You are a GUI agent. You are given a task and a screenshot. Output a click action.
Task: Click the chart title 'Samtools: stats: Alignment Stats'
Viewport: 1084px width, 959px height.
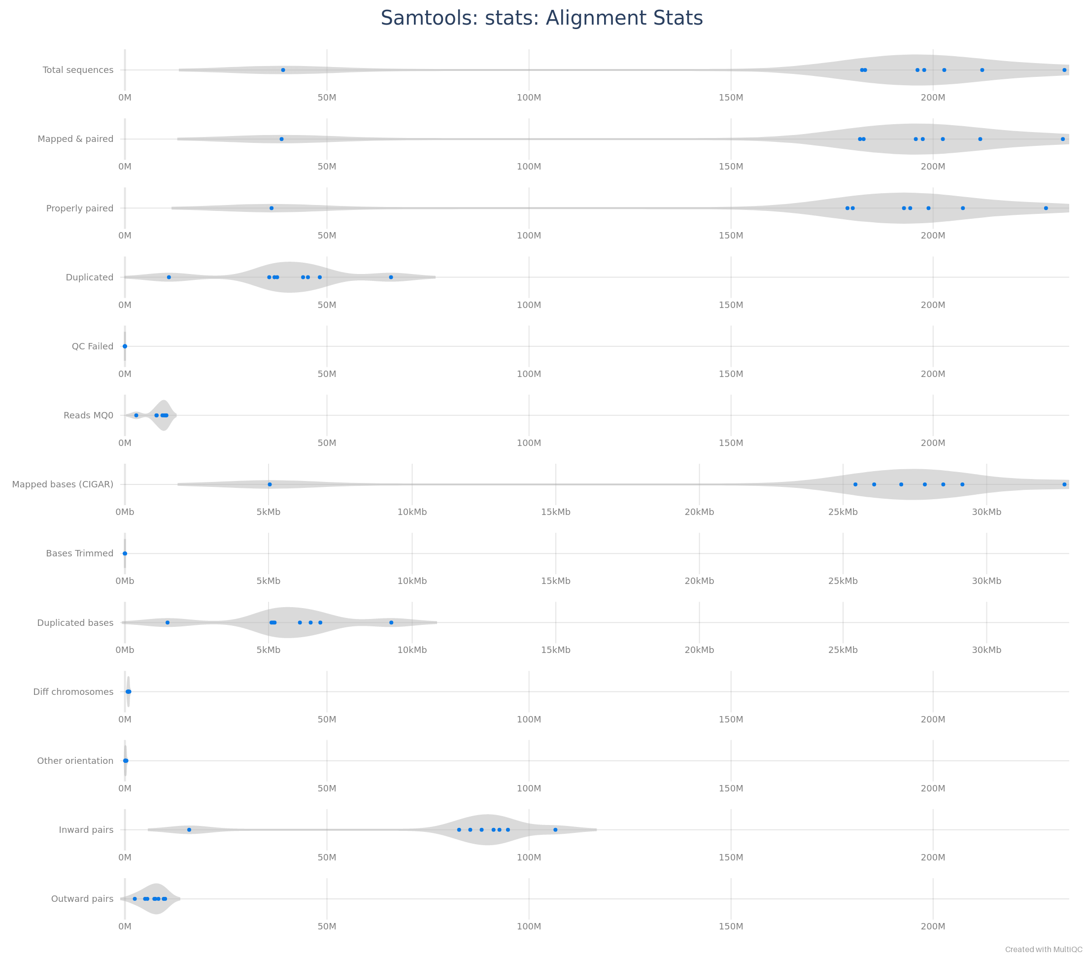tap(542, 18)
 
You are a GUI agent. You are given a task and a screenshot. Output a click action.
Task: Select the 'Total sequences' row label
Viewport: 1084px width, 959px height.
tap(78, 70)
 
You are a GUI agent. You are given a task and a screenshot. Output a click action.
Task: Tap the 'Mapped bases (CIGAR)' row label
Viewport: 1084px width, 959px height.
tap(63, 484)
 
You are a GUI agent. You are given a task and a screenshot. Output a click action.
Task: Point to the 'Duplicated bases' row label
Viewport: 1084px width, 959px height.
tap(75, 623)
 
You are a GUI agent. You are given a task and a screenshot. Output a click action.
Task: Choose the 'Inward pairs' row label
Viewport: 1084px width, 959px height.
tap(86, 829)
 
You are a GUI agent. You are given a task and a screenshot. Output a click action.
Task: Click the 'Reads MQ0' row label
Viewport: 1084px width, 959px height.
tap(89, 415)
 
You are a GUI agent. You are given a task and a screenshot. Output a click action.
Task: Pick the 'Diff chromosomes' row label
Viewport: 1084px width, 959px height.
tap(73, 692)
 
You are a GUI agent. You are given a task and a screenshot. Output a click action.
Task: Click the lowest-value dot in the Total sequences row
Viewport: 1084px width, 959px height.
tap(283, 70)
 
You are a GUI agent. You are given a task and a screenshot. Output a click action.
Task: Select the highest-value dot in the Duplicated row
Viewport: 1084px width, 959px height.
tap(391, 277)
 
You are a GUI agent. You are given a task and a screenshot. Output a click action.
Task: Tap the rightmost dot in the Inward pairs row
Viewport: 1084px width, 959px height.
tap(555, 829)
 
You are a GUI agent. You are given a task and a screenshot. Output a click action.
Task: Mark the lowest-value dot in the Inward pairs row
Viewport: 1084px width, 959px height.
tap(189, 829)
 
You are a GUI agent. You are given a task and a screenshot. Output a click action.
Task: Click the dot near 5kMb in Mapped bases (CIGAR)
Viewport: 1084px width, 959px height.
tap(270, 484)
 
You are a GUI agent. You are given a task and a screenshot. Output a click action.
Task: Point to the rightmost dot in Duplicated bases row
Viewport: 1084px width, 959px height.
tap(391, 623)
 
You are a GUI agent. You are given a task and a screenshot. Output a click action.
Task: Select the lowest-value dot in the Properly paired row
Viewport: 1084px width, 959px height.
tap(271, 208)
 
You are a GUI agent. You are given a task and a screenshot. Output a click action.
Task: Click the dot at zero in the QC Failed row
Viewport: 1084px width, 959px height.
tap(125, 346)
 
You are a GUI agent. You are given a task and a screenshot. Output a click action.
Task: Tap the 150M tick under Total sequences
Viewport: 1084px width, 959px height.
tap(731, 98)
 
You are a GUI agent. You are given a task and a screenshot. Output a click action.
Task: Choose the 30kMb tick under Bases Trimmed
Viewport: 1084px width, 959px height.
tap(986, 581)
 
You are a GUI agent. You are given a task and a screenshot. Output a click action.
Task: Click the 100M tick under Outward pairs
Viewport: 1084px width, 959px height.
tap(529, 926)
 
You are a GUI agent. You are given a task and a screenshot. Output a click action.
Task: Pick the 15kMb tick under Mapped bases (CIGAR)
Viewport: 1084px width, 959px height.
tap(556, 512)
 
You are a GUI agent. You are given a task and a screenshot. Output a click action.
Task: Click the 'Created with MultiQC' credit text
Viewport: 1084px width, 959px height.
tap(1043, 950)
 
